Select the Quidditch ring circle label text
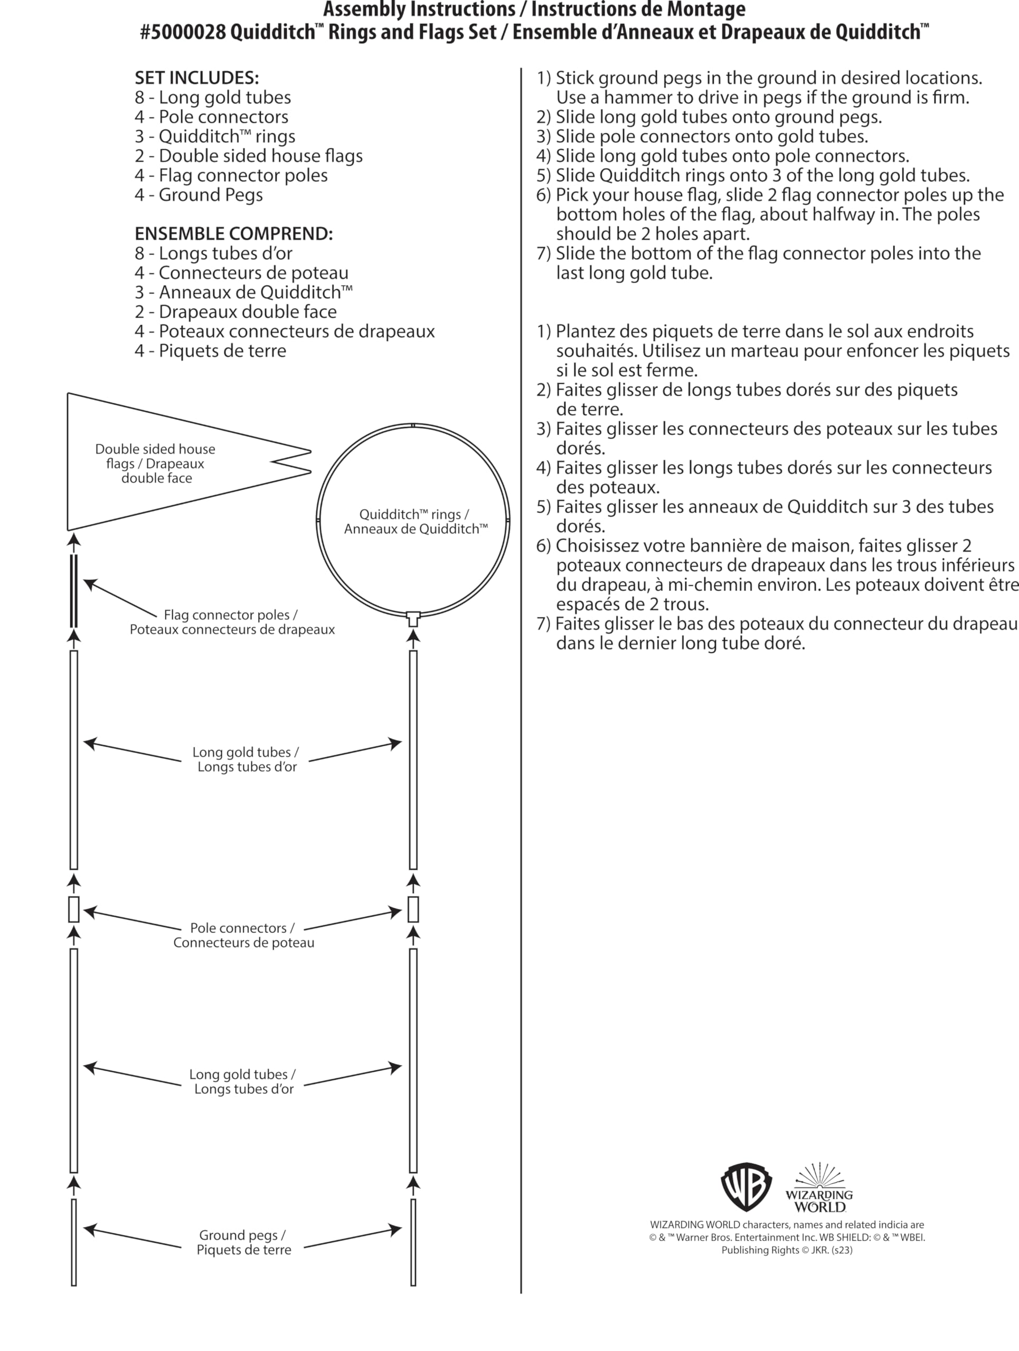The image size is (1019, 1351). (x=415, y=521)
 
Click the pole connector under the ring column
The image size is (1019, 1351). (x=413, y=909)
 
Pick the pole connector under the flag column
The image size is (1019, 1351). (x=74, y=909)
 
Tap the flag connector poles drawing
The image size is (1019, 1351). (x=74, y=591)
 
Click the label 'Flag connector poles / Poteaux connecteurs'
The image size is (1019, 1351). (x=232, y=622)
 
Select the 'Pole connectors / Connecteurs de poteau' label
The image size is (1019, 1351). (x=243, y=935)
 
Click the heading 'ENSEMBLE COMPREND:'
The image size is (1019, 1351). (x=233, y=233)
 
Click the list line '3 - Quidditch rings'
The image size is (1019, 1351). (x=215, y=136)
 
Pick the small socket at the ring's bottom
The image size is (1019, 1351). (x=413, y=618)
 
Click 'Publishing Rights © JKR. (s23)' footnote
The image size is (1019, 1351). (x=786, y=1250)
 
